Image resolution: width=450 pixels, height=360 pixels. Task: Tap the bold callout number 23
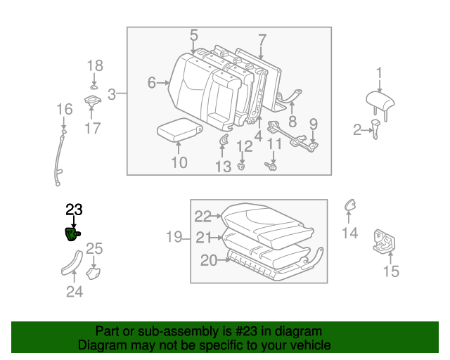click(74, 209)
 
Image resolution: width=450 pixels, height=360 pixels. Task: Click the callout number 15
click(390, 271)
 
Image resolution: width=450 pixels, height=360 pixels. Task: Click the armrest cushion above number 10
click(179, 129)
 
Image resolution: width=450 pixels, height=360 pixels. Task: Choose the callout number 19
click(174, 238)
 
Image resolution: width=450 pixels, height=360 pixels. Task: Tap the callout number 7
click(262, 39)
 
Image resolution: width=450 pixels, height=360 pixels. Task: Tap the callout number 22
click(203, 217)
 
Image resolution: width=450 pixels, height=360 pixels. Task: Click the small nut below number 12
click(242, 167)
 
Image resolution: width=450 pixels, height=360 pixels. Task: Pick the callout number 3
click(112, 94)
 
